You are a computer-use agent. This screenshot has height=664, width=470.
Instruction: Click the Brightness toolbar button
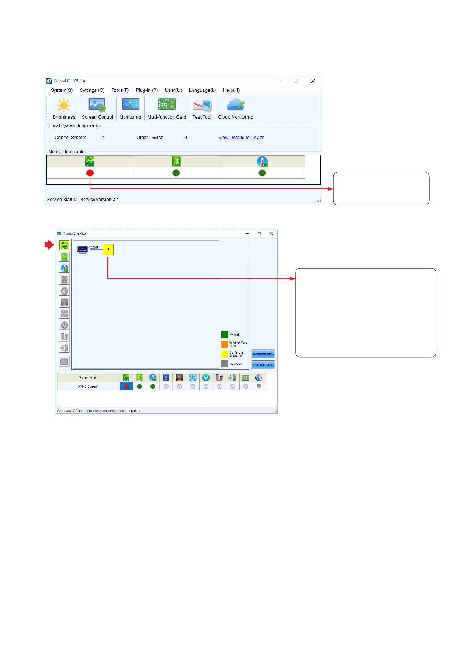click(x=64, y=108)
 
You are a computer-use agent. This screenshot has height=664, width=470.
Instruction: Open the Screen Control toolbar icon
click(x=97, y=108)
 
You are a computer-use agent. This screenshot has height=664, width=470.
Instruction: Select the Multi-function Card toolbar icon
click(x=167, y=108)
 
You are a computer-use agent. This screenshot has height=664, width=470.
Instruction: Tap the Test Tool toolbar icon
click(x=202, y=108)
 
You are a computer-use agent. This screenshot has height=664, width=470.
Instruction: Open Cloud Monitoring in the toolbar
click(x=236, y=108)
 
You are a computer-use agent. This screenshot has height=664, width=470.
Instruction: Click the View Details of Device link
click(x=242, y=138)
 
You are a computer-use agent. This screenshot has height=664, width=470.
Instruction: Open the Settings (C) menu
click(x=92, y=90)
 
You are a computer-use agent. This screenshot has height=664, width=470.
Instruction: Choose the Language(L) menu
click(x=202, y=90)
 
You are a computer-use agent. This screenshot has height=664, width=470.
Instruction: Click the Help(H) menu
click(x=231, y=90)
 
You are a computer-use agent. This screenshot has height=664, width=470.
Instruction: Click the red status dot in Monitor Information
click(x=90, y=173)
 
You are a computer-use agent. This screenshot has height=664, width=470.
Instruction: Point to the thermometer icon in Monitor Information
click(x=262, y=161)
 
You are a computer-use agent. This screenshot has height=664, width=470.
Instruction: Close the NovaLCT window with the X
click(x=313, y=81)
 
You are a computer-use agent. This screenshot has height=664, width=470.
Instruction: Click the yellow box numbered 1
click(x=108, y=250)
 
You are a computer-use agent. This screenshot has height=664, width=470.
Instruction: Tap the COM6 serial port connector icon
click(x=82, y=250)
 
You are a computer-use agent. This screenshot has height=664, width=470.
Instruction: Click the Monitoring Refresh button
click(x=263, y=354)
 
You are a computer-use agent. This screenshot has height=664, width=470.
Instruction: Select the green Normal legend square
click(x=225, y=334)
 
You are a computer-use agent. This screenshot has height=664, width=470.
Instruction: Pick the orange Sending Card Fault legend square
click(x=225, y=344)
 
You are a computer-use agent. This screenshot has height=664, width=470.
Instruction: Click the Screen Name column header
click(x=88, y=378)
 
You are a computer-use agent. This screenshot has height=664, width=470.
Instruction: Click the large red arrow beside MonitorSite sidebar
click(x=49, y=245)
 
